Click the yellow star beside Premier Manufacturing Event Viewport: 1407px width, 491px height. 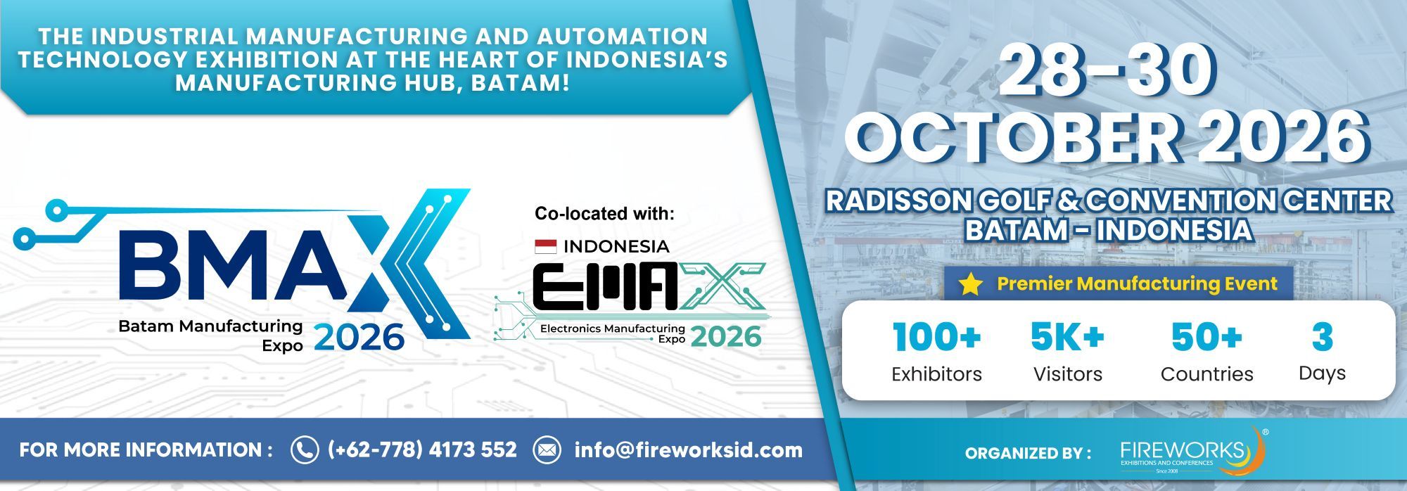tap(971, 284)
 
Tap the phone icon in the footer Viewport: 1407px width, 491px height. tap(304, 450)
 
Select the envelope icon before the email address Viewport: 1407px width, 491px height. tap(547, 450)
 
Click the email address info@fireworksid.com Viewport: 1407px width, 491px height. tap(688, 450)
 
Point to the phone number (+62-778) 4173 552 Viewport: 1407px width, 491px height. tap(422, 450)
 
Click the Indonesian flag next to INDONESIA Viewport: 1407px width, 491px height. tap(545, 246)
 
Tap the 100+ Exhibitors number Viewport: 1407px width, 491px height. tap(936, 337)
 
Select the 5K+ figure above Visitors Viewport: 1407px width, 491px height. tap(1067, 337)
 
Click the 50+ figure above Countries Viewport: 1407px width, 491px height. tap(1207, 337)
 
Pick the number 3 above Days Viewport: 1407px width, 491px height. tap(1323, 337)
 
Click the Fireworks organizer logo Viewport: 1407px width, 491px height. tap(1192, 451)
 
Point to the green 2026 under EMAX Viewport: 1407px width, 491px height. tap(726, 336)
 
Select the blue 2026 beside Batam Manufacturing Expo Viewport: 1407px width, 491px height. tap(359, 337)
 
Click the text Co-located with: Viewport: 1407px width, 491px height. tap(604, 213)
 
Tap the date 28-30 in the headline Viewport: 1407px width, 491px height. tap(1107, 71)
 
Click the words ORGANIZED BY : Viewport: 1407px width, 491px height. tap(1028, 453)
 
